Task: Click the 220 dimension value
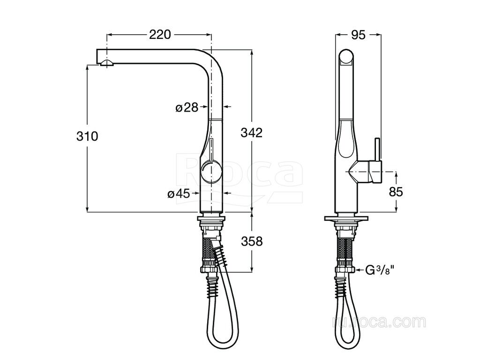[160, 35]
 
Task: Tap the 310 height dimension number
[87, 136]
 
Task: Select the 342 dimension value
[252, 133]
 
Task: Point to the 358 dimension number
[252, 241]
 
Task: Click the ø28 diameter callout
[187, 107]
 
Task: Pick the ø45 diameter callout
[179, 194]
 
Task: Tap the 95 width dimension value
[358, 35]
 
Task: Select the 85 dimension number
[396, 192]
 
